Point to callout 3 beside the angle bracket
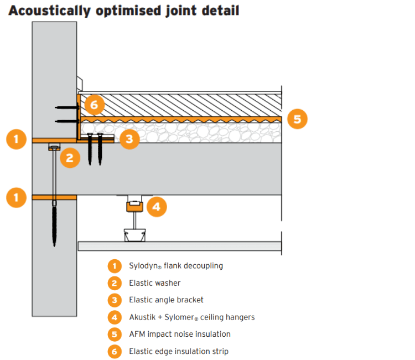click(129, 139)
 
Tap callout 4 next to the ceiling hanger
click(156, 207)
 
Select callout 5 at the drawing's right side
click(298, 119)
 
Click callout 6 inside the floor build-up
click(95, 104)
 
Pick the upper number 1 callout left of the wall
click(17, 139)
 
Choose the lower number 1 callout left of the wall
click(17, 197)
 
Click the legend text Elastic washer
click(154, 283)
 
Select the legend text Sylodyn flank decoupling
click(175, 266)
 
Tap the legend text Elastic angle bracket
click(166, 300)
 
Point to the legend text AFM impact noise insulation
click(179, 334)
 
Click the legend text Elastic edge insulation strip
click(178, 351)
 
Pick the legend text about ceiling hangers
click(191, 317)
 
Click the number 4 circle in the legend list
click(115, 317)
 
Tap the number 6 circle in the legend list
click(115, 351)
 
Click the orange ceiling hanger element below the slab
click(134, 207)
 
